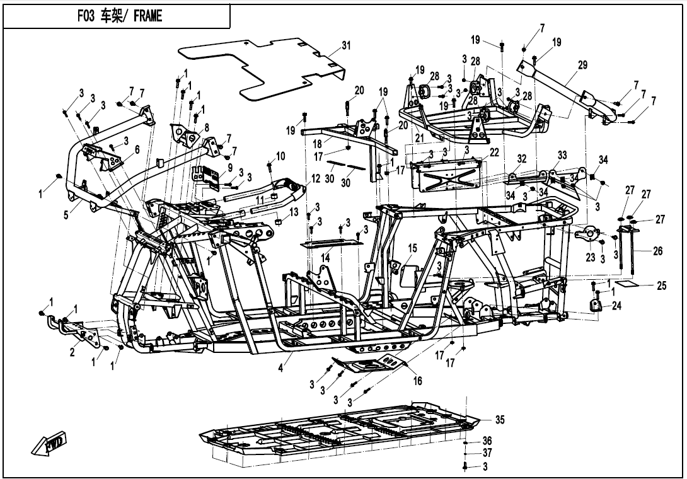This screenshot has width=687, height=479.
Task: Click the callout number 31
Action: [x=347, y=45]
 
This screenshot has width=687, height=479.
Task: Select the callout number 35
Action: [x=500, y=420]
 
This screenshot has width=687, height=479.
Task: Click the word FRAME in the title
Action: [x=147, y=16]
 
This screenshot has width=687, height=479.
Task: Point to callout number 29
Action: [x=582, y=65]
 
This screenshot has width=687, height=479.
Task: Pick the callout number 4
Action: [x=281, y=367]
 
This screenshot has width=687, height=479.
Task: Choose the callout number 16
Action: [x=417, y=381]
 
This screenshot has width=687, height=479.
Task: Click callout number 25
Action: [x=662, y=286]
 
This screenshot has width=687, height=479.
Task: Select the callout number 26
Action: [x=657, y=251]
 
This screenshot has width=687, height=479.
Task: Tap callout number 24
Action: [x=616, y=306]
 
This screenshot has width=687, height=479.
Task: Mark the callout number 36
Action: [x=487, y=441]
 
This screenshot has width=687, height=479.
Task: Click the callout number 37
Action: [x=487, y=453]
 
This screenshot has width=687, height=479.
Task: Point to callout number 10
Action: [x=280, y=156]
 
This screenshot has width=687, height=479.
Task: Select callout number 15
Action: [x=412, y=248]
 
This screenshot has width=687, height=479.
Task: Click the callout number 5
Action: [x=66, y=215]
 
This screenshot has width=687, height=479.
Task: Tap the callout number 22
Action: [x=495, y=152]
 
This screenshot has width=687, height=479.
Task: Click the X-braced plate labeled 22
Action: [x=447, y=175]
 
